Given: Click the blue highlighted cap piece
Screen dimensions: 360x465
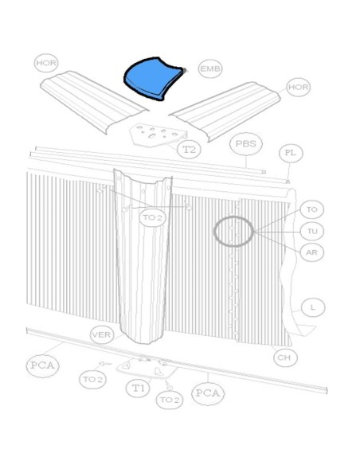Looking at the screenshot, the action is pos(153,78).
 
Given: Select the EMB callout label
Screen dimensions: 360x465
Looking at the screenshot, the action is pos(210,68).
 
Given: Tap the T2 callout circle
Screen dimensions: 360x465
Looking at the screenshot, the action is pos(189,149).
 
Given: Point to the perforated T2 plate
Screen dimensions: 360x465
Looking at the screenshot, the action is pos(157,135).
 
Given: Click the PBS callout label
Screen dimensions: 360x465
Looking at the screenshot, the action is pos(246,144).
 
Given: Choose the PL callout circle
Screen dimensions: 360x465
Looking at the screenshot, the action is pos(291,153).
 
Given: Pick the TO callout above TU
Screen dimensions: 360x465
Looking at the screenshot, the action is pos(312,209).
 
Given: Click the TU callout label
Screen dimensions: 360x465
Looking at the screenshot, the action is pos(312,231).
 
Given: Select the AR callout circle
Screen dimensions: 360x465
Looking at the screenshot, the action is pos(312,252).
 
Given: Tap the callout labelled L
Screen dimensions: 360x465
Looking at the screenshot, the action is pos(313,307).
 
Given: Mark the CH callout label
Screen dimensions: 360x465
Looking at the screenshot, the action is pos(285,358).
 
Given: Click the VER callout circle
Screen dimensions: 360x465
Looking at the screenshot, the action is pos(102,334).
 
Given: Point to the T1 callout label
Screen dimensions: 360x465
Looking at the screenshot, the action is pos(138,388).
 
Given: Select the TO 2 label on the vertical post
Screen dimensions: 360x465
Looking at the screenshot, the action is pos(152,217).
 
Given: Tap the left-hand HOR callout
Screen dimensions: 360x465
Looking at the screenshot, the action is pos(46,63).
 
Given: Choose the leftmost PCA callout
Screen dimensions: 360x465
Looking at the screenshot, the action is pos(43,365).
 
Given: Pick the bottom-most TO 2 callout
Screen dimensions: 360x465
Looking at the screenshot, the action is pos(170,400).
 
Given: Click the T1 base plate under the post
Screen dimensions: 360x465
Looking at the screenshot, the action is pos(147,368).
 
